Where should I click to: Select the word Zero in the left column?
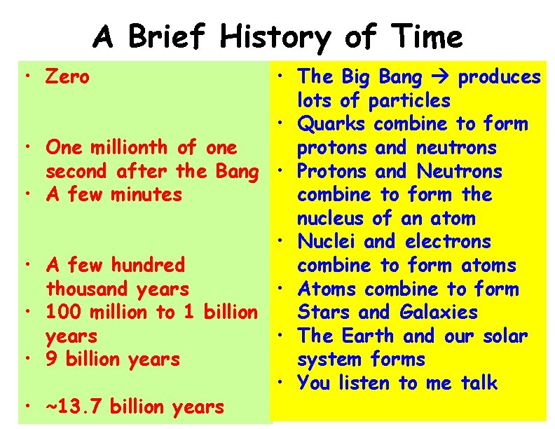67,76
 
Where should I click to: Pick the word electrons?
448,242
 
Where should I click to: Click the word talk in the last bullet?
479,383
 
